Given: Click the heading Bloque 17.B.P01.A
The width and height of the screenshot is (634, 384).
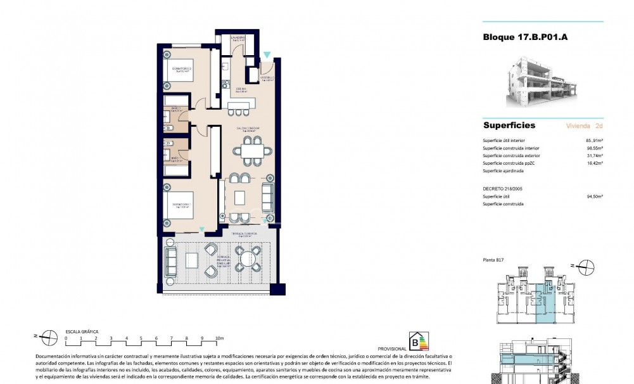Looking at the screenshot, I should tap(525, 37).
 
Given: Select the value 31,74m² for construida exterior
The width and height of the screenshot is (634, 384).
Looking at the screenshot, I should tap(594, 156).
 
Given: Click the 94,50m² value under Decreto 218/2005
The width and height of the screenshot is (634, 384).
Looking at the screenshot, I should tap(594, 196).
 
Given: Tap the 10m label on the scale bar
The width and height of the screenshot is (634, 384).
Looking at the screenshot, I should tap(220, 339).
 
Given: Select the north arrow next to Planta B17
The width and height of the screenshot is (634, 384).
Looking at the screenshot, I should tap(587, 266).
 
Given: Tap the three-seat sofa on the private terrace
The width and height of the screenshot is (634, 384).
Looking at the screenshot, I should tap(170, 259).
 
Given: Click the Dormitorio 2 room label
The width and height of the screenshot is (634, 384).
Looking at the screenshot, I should tap(183, 68).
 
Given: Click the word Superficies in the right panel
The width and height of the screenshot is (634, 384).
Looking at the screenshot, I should tap(509, 125).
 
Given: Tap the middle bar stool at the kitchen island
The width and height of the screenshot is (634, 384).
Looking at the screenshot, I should tap(239, 113).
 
